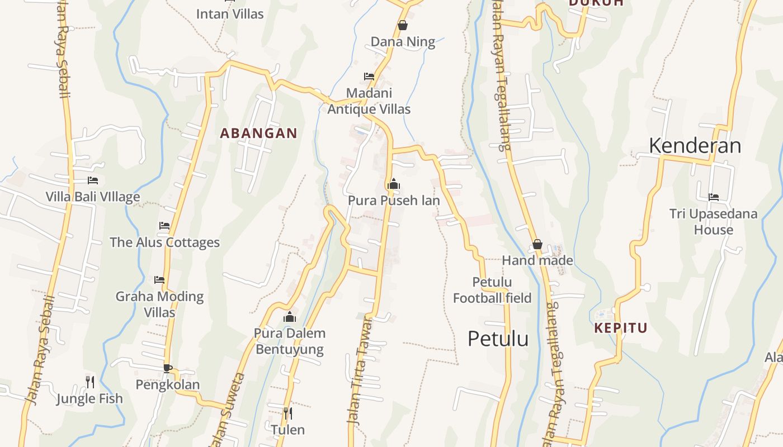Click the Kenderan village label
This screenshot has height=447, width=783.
695,146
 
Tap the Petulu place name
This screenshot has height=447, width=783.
498,339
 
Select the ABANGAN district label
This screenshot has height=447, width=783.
258,134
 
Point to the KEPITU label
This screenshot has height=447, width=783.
620,328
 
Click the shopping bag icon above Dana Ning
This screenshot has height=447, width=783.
402,25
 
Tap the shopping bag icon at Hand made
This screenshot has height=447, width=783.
537,244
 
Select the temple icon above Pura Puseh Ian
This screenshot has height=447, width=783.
394,184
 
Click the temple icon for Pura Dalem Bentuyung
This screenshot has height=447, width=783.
289,317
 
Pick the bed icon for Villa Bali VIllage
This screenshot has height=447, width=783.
93,180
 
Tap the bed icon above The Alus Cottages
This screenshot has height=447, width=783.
164,226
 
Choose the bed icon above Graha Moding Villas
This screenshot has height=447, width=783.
159,279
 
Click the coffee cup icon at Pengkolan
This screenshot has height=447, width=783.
167,368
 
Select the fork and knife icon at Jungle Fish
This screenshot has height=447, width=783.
89,382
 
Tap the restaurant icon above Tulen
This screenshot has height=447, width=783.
287,413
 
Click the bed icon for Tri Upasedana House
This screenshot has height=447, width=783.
713,197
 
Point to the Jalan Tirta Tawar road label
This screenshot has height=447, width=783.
361,372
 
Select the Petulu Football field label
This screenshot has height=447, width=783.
492,290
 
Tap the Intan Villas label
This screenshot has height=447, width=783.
229,14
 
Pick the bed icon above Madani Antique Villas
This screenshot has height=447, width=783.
369,77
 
